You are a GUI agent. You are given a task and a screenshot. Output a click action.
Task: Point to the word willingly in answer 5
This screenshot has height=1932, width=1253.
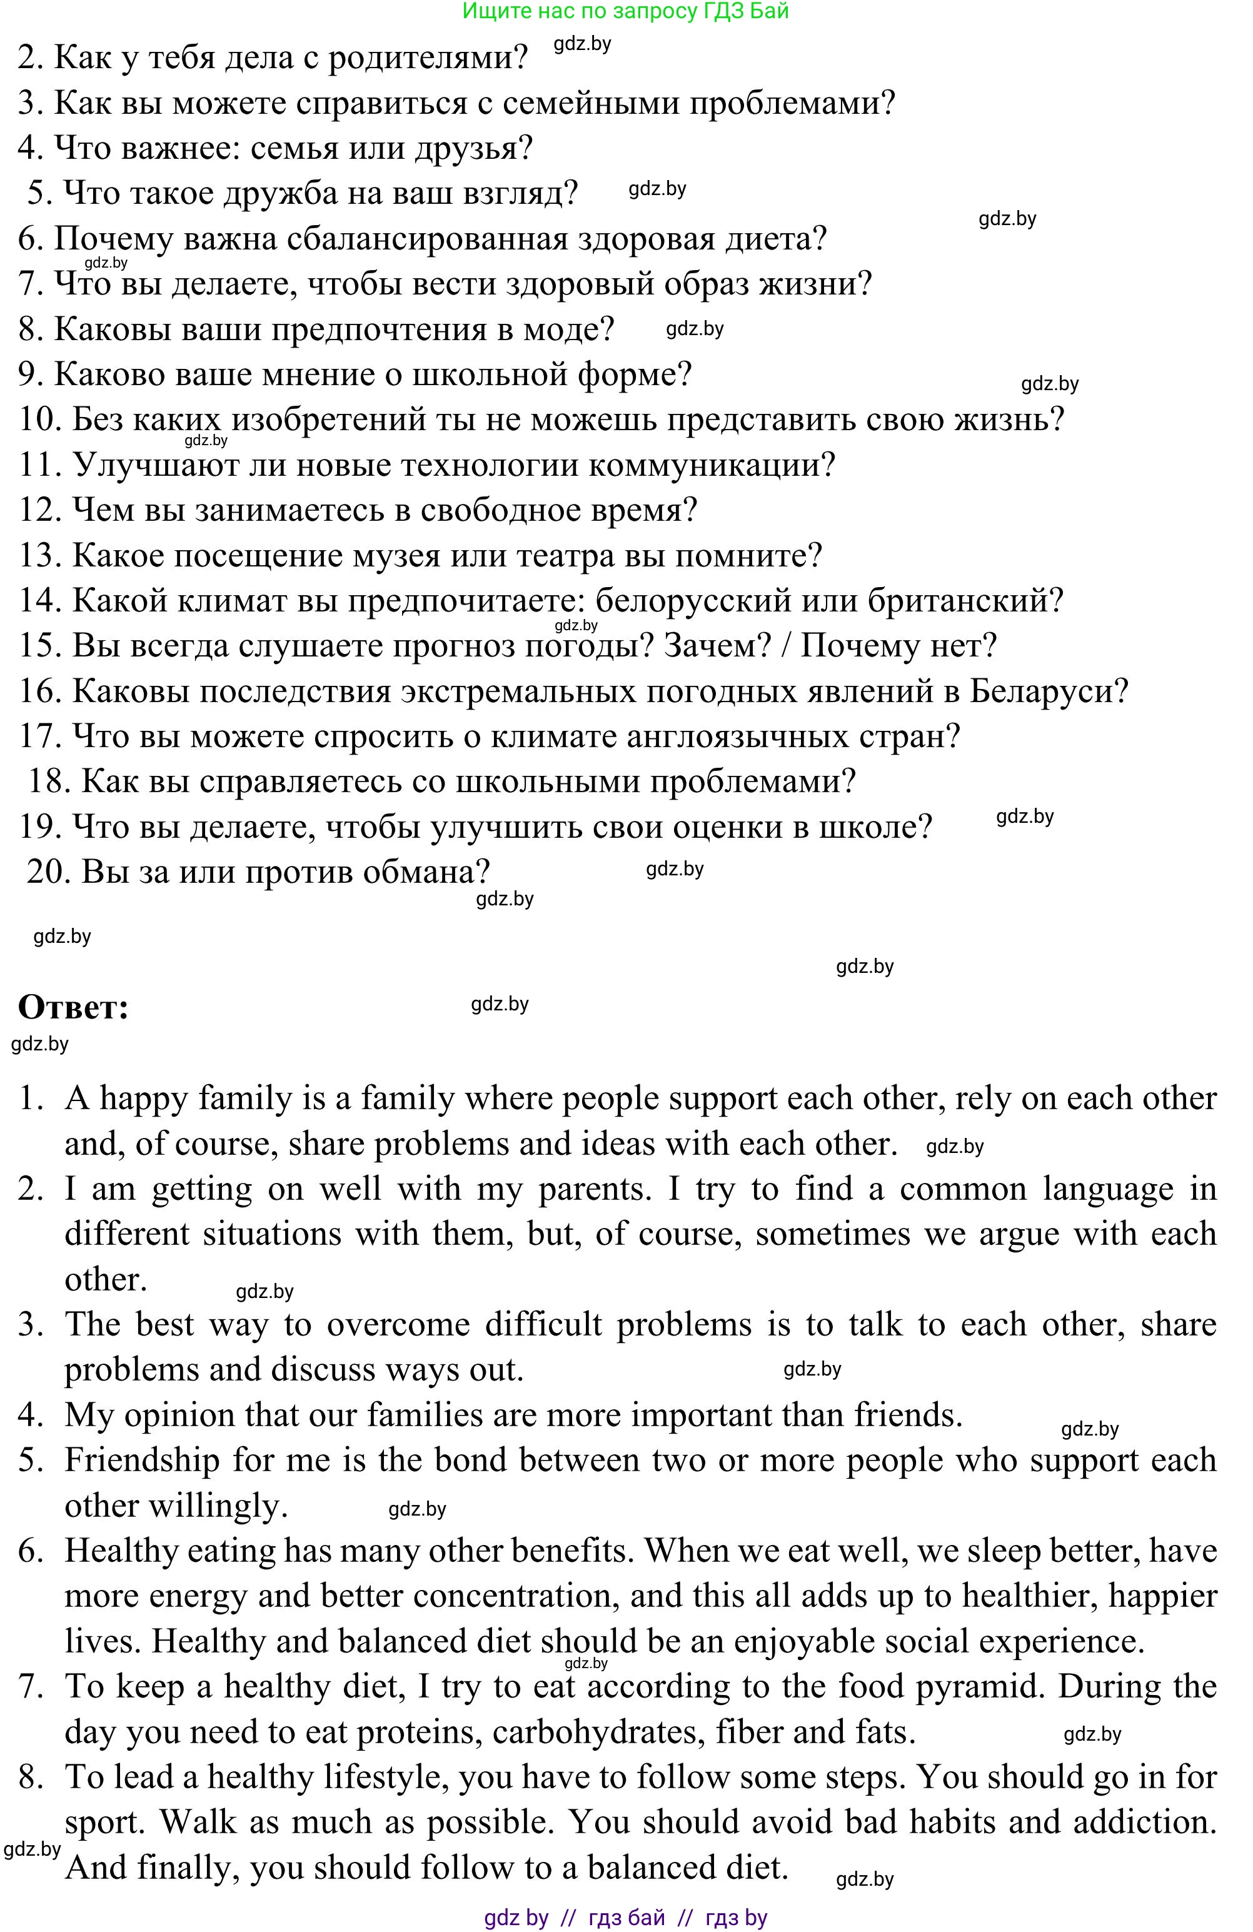coord(219,1506)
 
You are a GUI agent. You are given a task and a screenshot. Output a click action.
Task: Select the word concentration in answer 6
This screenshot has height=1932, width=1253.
coord(511,1596)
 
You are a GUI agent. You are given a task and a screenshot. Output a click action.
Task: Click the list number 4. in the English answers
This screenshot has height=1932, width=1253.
coord(30,1415)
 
